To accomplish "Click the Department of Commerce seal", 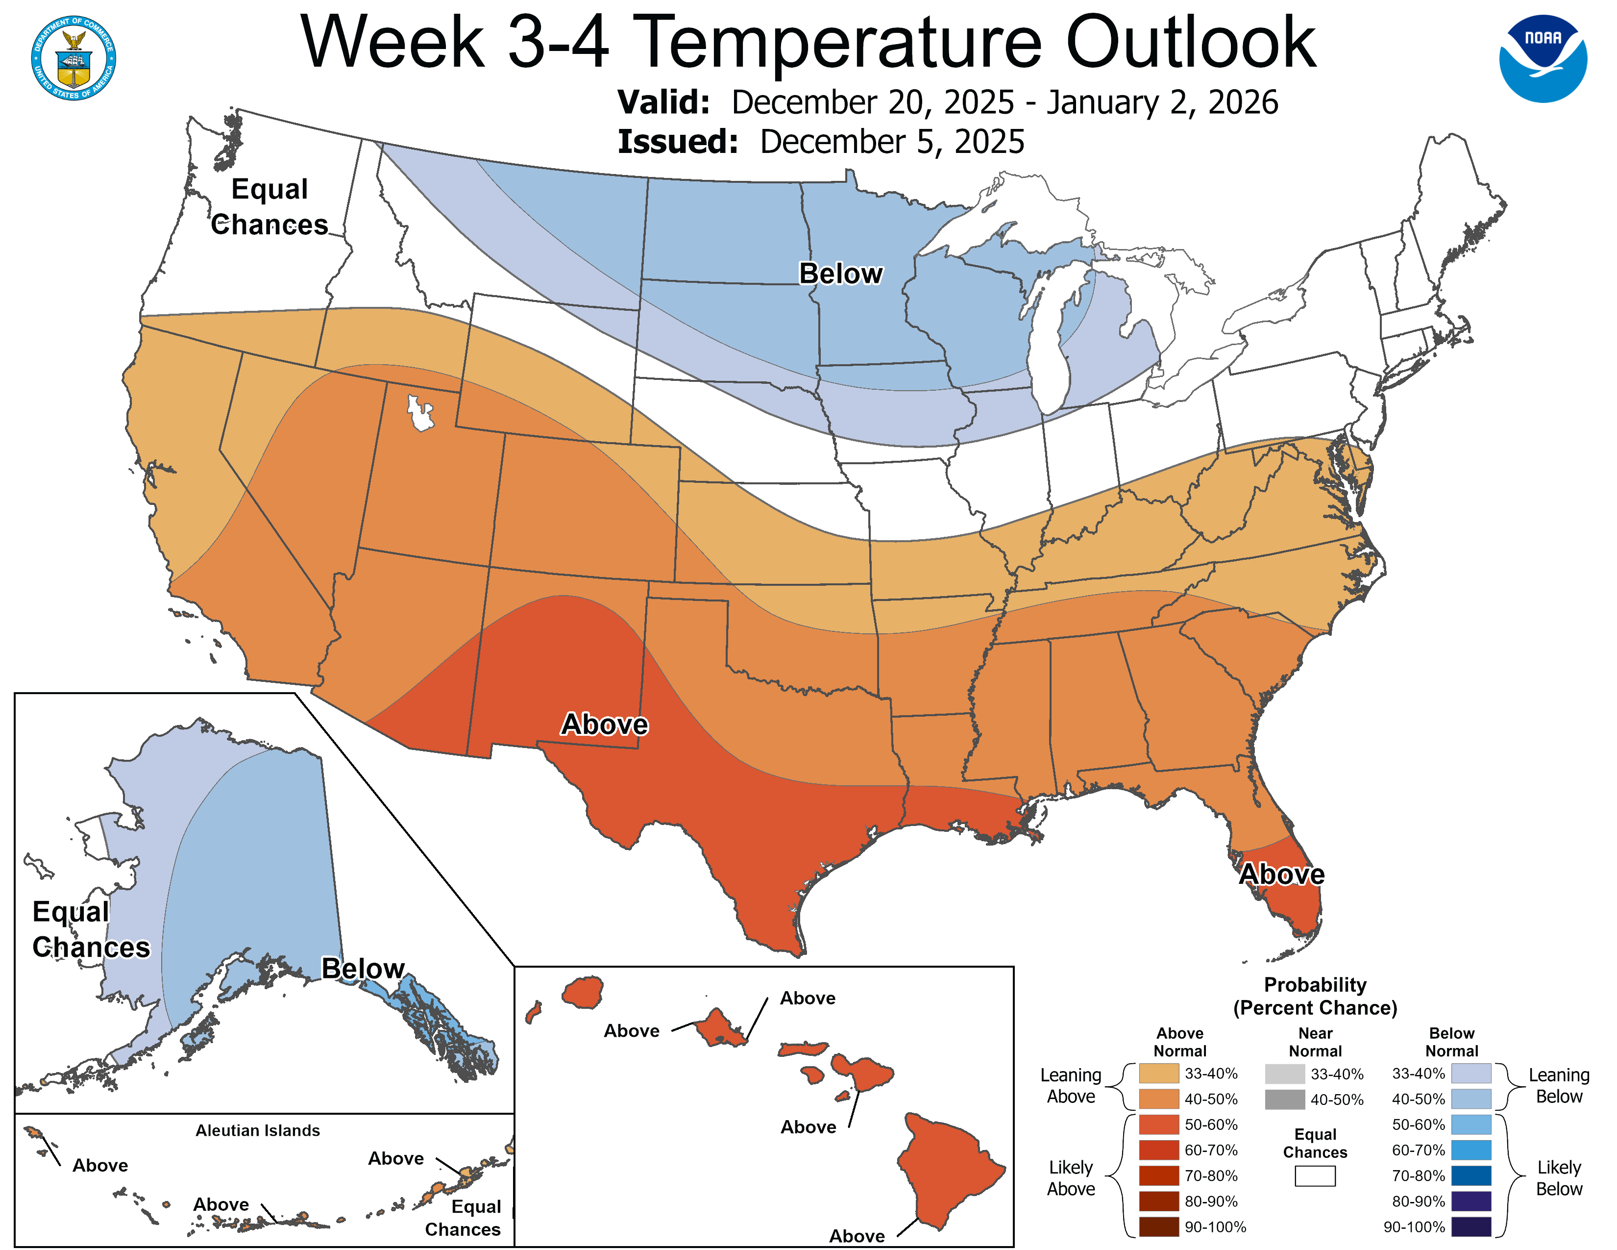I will click(73, 58).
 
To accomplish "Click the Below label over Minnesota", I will click(840, 273).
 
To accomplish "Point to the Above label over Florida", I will click(1282, 874).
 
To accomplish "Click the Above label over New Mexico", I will click(604, 724).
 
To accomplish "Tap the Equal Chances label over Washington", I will click(269, 206).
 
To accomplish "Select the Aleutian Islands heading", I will click(258, 1130).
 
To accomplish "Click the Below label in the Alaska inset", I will click(363, 968).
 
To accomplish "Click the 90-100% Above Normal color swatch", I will click(1159, 1227).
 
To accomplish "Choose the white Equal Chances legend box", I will click(1315, 1176).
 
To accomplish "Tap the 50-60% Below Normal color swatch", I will click(1470, 1124).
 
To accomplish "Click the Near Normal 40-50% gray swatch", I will click(1285, 1100).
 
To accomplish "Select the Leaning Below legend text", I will click(1559, 1086).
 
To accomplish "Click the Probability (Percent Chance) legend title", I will click(1315, 996).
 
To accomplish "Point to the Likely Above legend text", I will click(1071, 1177).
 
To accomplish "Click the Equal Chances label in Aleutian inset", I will click(464, 1218).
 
